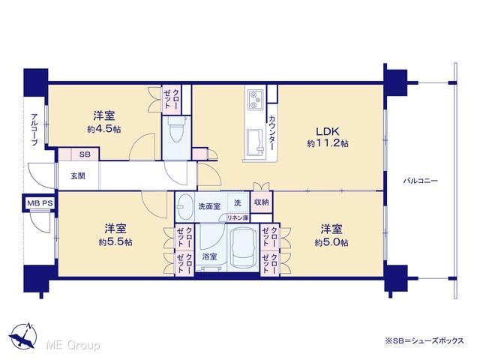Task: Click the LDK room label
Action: point(328,132)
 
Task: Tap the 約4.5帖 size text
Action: point(104,129)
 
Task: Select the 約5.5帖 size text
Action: point(115,242)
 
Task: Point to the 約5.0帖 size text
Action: point(331,242)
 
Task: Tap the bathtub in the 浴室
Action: point(244,248)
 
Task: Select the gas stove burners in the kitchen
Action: point(255,99)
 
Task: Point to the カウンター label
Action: point(271,133)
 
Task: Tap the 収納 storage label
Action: point(262,202)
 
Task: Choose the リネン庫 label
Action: point(237,218)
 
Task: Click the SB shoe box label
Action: point(85,154)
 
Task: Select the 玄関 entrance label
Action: point(78,176)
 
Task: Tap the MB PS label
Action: point(40,203)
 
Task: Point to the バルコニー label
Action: point(420,181)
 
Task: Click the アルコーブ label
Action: point(34,130)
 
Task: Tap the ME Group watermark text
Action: point(73,346)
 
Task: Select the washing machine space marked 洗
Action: point(238,202)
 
